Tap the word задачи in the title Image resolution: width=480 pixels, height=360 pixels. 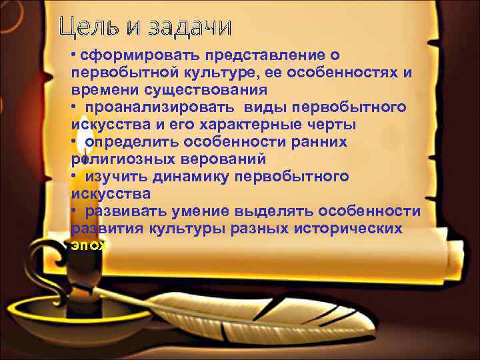click(x=189, y=27)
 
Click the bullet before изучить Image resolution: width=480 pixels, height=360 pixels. click(x=74, y=176)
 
